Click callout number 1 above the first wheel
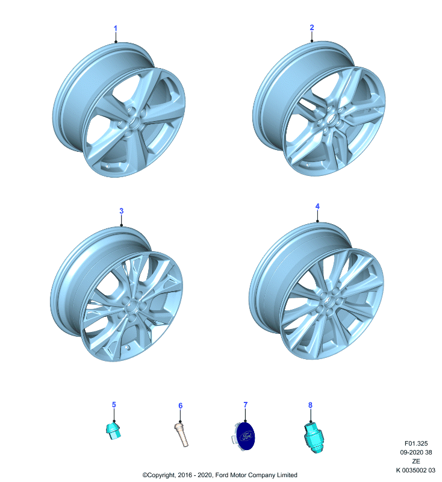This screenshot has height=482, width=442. pyautogui.click(x=116, y=28)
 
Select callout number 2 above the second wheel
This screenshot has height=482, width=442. pyautogui.click(x=312, y=27)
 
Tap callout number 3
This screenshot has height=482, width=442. pyautogui.click(x=121, y=211)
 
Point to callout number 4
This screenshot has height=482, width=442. pyautogui.click(x=317, y=206)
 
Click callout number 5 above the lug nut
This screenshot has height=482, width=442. pyautogui.click(x=114, y=404)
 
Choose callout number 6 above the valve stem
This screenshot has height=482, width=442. pyautogui.click(x=180, y=405)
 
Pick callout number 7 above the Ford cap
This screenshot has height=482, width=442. pyautogui.click(x=246, y=404)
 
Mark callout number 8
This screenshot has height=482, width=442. pyautogui.click(x=310, y=405)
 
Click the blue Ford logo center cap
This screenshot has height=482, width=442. pyautogui.click(x=246, y=436)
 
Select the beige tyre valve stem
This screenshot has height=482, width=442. pyautogui.click(x=181, y=434)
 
